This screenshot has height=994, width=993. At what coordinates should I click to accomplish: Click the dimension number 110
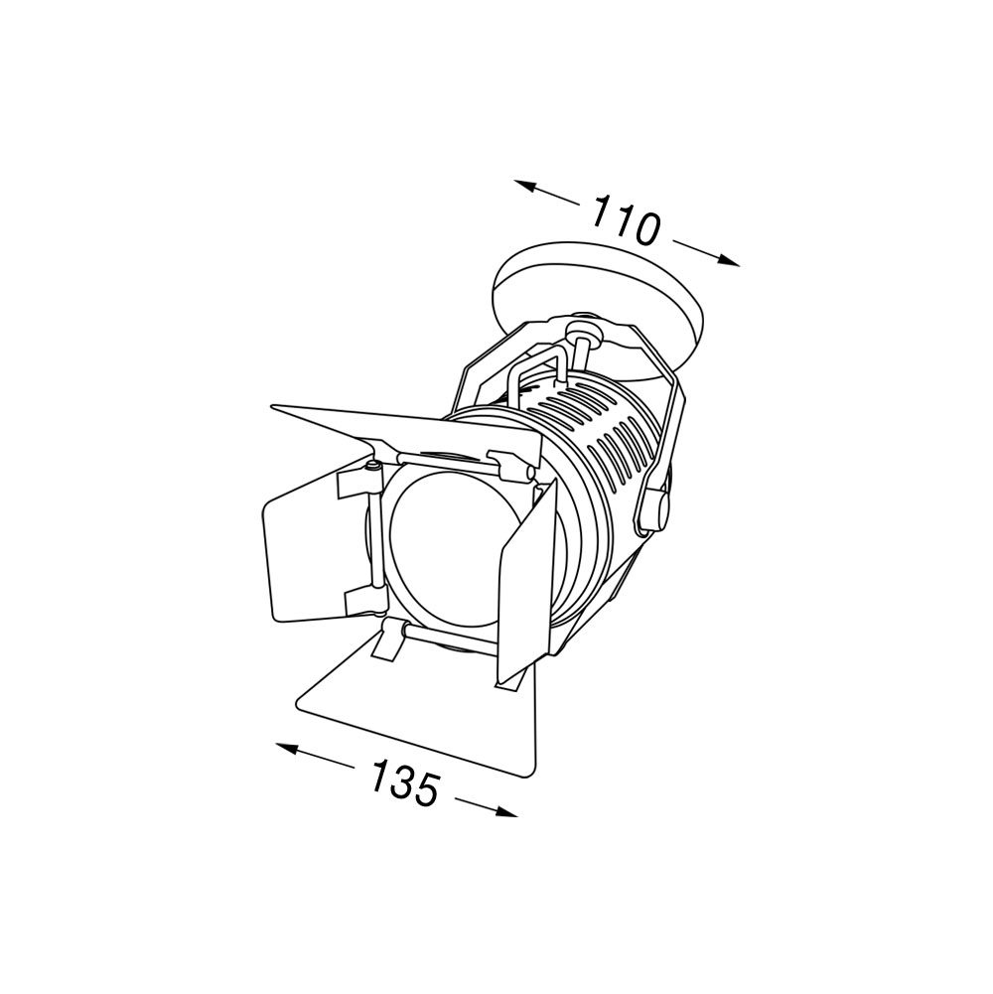pyautogui.click(x=626, y=220)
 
